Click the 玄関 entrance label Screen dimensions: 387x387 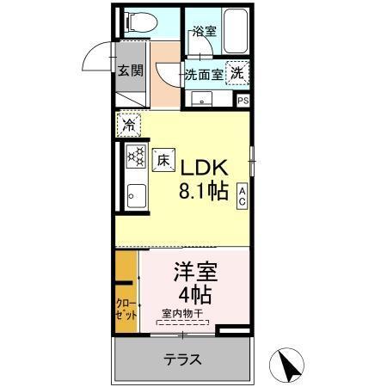click(130, 71)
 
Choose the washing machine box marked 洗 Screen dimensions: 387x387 click(236, 74)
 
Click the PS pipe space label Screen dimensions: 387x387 click(243, 101)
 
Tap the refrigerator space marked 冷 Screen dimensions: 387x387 click(128, 125)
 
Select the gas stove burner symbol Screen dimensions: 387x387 click(136, 157)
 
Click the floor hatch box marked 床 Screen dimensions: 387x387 click(163, 159)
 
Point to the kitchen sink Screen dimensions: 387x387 click(136, 195)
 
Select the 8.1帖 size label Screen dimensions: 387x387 click(204, 191)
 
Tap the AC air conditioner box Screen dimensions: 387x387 click(243, 195)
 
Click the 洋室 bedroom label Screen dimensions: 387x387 click(195, 274)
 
